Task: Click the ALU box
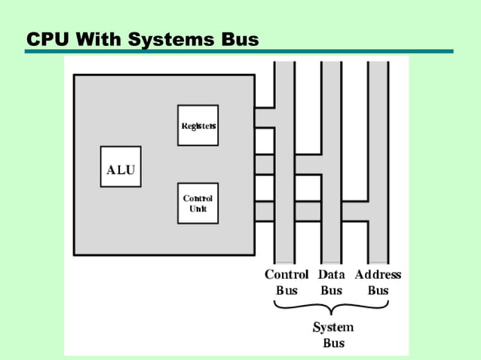pyautogui.click(x=121, y=169)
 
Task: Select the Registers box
pyautogui.click(x=198, y=125)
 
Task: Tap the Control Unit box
pyautogui.click(x=198, y=203)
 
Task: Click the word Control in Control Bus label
pyautogui.click(x=286, y=275)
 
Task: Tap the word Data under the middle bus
pyautogui.click(x=332, y=275)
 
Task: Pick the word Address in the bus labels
pyautogui.click(x=378, y=275)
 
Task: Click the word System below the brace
pyautogui.click(x=333, y=328)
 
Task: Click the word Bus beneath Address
pyautogui.click(x=378, y=291)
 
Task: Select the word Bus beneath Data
pyautogui.click(x=332, y=291)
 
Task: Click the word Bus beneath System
pyautogui.click(x=333, y=343)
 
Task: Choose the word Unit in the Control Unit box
pyautogui.click(x=198, y=209)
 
